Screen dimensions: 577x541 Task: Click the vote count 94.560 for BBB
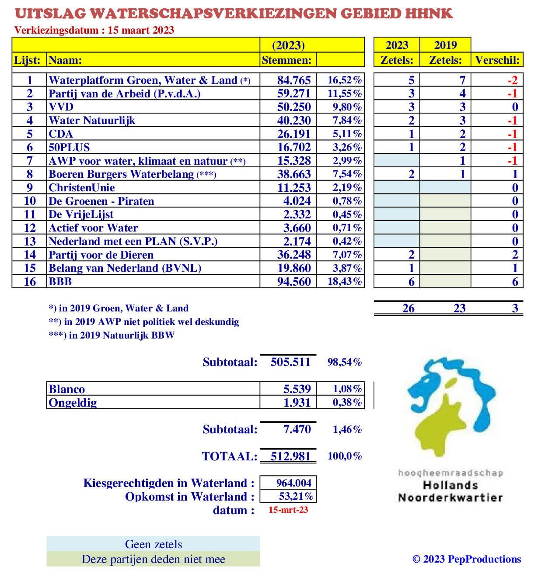pos(293,282)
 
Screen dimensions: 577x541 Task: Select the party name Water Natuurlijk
pos(92,121)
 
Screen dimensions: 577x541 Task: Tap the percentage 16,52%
pos(345,80)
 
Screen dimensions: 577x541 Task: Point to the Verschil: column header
pos(497,60)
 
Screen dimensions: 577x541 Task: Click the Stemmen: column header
pos(286,60)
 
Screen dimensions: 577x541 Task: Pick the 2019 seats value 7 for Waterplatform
pos(462,80)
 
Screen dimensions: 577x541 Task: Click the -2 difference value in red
pos(512,80)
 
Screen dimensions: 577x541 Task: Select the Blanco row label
pos(67,389)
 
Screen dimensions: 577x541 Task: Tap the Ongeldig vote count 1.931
pos(297,402)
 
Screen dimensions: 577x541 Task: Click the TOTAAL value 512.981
pos(290,456)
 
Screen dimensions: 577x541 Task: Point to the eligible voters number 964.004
pos(293,483)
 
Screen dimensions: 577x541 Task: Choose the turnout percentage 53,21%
pos(296,496)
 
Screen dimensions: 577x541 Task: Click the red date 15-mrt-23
pos(288,510)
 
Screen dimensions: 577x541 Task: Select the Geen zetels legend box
pos(153,544)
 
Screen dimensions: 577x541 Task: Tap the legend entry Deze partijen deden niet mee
pos(153,559)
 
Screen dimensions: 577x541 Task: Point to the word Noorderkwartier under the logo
pos(450,498)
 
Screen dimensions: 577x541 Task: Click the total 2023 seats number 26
pos(408,308)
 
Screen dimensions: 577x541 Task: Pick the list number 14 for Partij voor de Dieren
pos(30,255)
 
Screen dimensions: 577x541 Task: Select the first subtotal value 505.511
pos(290,362)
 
